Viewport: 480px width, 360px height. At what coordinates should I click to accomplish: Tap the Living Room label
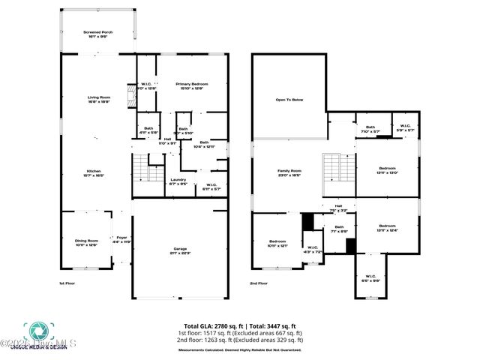click(x=99, y=100)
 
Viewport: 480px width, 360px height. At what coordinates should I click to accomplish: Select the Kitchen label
click(x=93, y=173)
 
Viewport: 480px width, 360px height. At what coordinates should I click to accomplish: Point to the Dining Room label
click(x=87, y=243)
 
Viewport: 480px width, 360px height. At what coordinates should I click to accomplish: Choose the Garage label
click(x=179, y=250)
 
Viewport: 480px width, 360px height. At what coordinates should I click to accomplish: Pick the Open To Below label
click(x=289, y=99)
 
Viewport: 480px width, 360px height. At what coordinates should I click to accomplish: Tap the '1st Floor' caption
click(x=67, y=283)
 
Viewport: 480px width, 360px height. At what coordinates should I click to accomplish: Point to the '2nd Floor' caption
click(x=259, y=283)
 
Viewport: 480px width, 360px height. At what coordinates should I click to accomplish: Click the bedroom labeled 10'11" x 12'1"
click(x=277, y=243)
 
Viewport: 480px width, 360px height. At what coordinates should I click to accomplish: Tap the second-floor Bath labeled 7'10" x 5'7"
click(x=370, y=129)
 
